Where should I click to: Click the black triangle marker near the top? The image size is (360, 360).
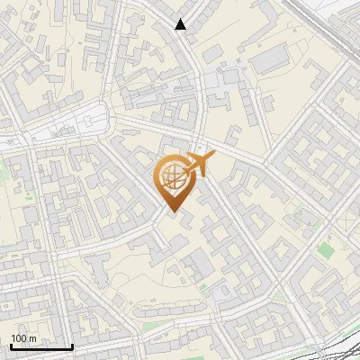181,25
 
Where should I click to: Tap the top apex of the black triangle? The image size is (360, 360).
181,19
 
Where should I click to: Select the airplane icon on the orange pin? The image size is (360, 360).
197,165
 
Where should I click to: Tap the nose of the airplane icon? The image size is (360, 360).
211,157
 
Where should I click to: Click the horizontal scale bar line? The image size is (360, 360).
41,346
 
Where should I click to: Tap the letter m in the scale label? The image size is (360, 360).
33,338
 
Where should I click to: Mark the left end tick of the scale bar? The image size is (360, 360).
11,345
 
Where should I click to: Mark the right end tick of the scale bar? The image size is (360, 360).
72,345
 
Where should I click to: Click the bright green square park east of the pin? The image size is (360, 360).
325,249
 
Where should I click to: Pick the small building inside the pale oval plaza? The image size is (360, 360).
90,114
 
